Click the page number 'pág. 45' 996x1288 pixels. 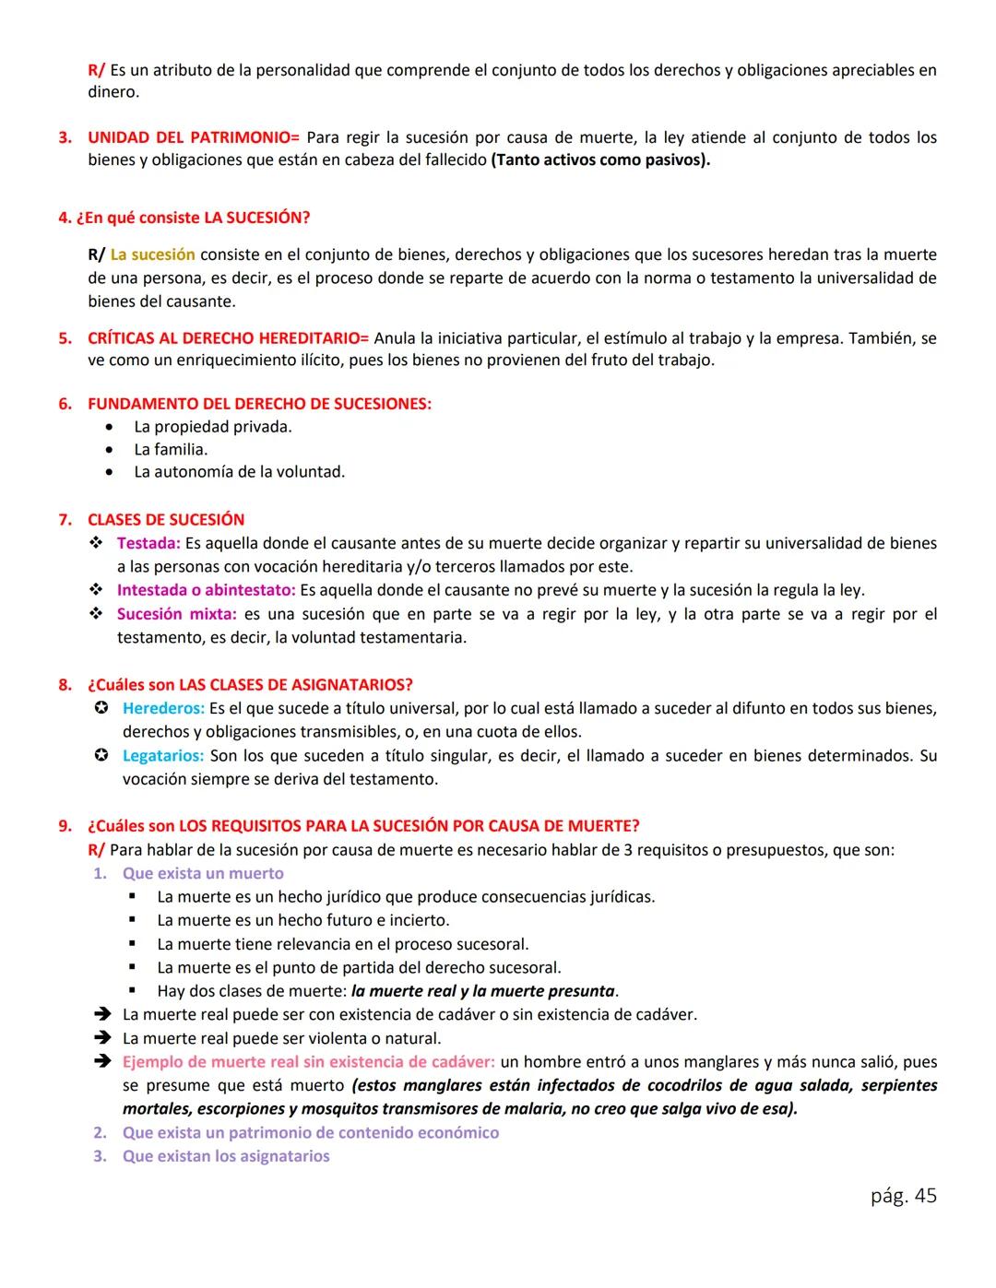coord(903,1196)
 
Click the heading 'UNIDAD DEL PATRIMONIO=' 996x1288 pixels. coord(194,137)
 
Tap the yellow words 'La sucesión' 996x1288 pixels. coord(152,254)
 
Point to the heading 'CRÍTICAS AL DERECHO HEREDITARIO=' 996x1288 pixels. coord(228,338)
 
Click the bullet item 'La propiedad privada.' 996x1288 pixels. coord(213,427)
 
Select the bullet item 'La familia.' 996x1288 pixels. coord(171,450)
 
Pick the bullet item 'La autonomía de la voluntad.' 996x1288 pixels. coord(239,472)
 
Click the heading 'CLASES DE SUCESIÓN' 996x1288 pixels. coord(166,520)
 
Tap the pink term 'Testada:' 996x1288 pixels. coord(148,544)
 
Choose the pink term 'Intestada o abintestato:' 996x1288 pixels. coord(206,590)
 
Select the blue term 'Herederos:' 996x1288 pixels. coord(163,709)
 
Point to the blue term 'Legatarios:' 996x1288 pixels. coord(163,756)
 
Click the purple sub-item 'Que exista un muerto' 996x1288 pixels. coord(203,873)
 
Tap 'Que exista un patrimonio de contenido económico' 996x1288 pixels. coord(311,1133)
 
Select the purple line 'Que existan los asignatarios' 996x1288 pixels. coord(226,1156)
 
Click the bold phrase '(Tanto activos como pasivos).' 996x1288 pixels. coord(600,160)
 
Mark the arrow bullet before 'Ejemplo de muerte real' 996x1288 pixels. coord(101,1062)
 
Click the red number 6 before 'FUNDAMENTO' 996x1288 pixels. coord(65,404)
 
